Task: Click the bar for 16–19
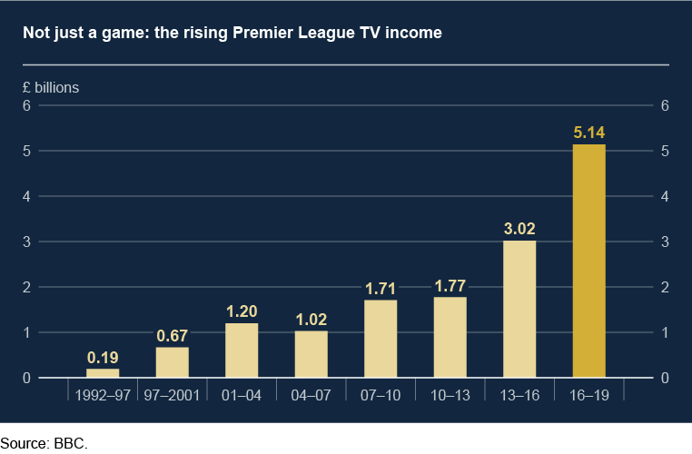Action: tap(588, 262)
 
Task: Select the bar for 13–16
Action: tap(519, 309)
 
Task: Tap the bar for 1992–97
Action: tap(103, 373)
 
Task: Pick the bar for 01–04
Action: tap(242, 350)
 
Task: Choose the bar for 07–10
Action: tap(381, 339)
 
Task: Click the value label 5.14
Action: tap(588, 133)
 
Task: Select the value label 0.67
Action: tap(173, 336)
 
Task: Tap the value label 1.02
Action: tap(311, 320)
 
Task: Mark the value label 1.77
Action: tap(450, 286)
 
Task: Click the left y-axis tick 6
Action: tap(28, 105)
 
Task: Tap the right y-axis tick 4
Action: tap(665, 196)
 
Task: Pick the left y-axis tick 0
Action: tap(28, 378)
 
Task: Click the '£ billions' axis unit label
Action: tap(51, 88)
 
